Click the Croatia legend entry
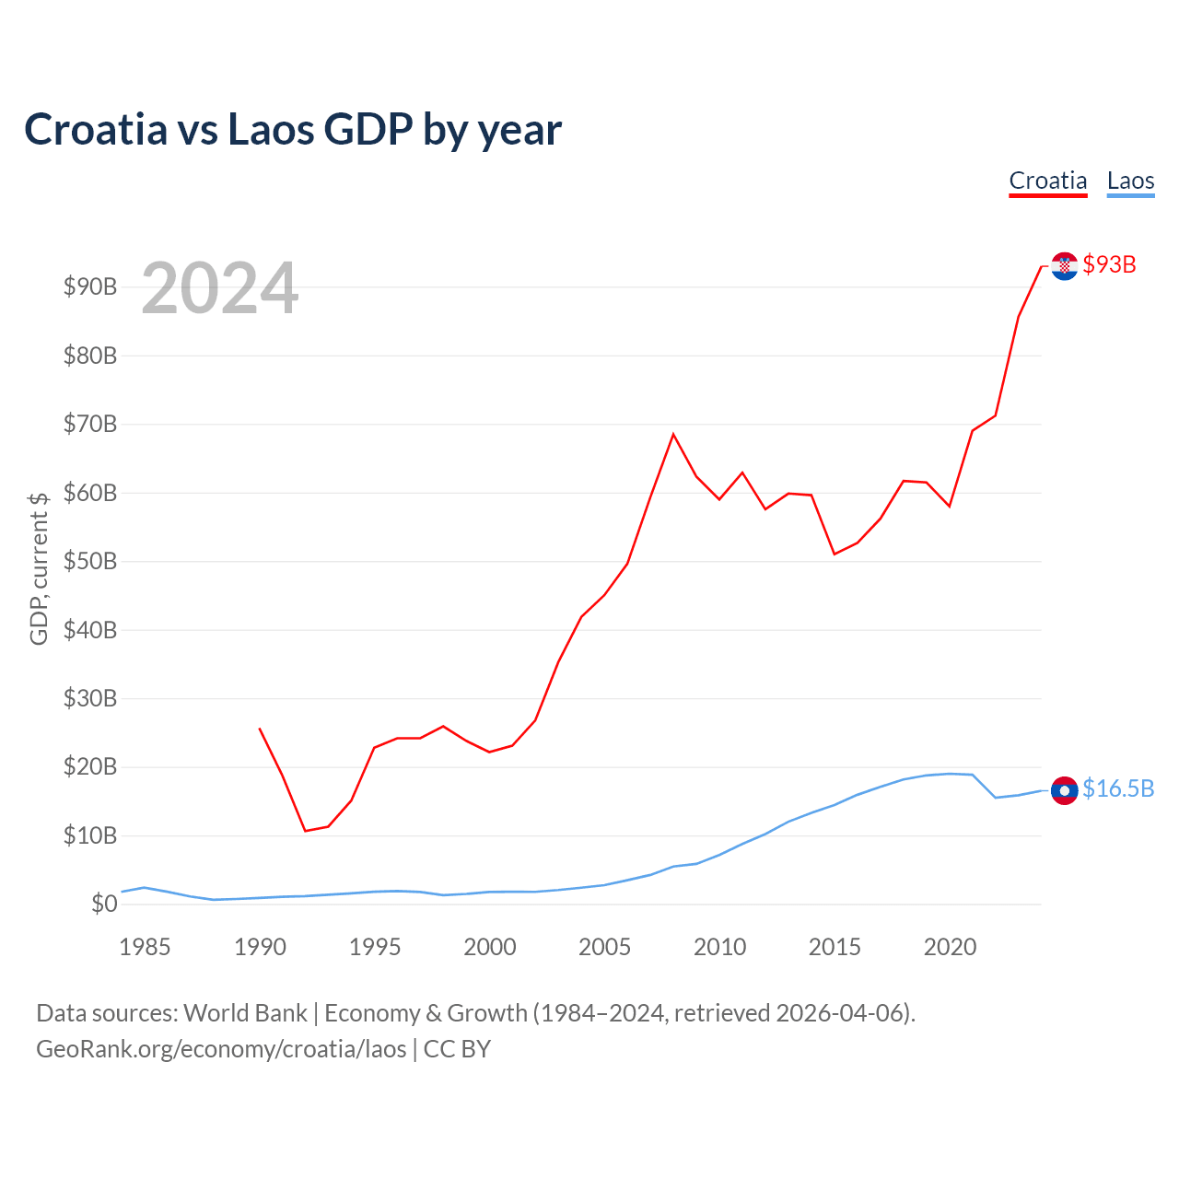[x=1048, y=181]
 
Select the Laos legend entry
[x=1130, y=181]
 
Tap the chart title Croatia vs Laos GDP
[x=292, y=129]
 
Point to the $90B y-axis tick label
[x=90, y=286]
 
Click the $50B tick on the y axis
[x=90, y=561]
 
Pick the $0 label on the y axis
[x=104, y=904]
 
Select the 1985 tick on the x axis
[x=145, y=947]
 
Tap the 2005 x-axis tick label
[x=604, y=947]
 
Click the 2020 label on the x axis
[x=950, y=947]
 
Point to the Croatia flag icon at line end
[x=1064, y=266]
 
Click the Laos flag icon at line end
[x=1064, y=790]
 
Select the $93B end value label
[x=1109, y=264]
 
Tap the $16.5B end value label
[x=1118, y=788]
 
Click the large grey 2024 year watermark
[x=219, y=288]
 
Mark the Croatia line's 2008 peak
[x=673, y=434]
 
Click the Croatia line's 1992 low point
[x=305, y=831]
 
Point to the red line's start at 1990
[x=260, y=729]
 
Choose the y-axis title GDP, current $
[x=39, y=568]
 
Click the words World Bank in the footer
[x=245, y=1013]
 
